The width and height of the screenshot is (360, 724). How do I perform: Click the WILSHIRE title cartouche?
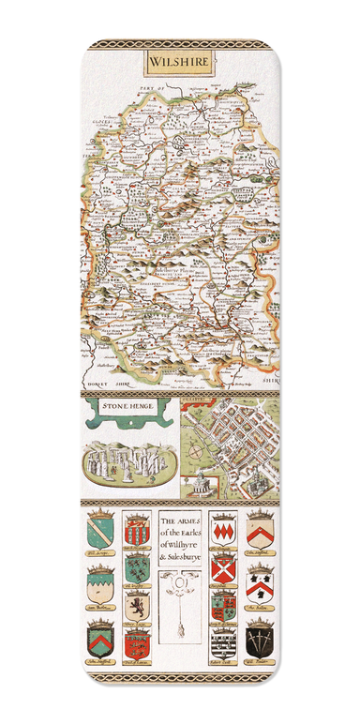click(179, 63)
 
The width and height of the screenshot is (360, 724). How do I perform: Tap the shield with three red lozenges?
click(221, 529)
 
